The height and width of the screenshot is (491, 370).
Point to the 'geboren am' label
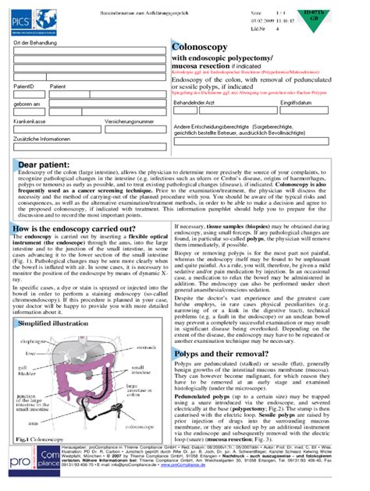click(27, 103)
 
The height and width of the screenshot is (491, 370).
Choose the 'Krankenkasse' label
click(30, 122)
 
